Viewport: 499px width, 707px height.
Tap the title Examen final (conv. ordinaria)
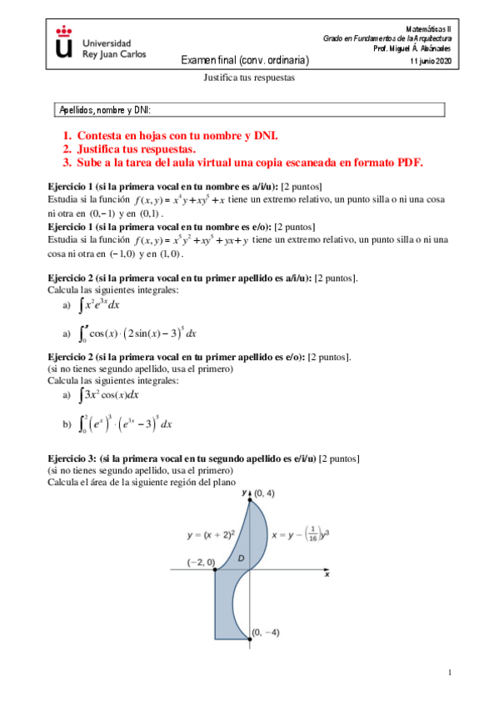(x=246, y=61)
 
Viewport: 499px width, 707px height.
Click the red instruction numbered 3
(x=243, y=163)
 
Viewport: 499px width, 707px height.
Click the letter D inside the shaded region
(x=241, y=556)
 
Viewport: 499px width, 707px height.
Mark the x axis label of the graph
(x=327, y=575)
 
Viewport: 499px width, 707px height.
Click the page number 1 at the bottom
(x=448, y=672)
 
